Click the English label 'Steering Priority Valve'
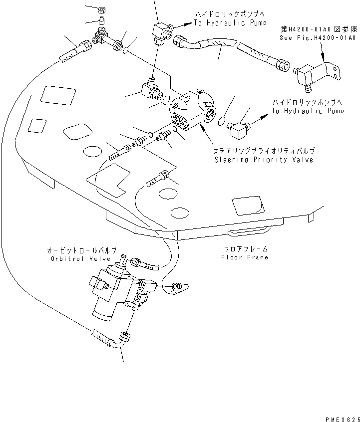point(264,160)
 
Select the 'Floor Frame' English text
point(245,257)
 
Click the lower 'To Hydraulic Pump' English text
point(308,111)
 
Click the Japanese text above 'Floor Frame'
point(246,248)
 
